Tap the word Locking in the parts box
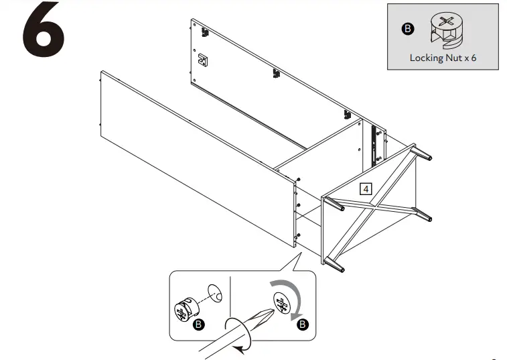point(425,58)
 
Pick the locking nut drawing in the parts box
point(445,29)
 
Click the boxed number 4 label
point(366,188)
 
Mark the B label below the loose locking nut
point(198,325)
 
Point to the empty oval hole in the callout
point(216,293)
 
